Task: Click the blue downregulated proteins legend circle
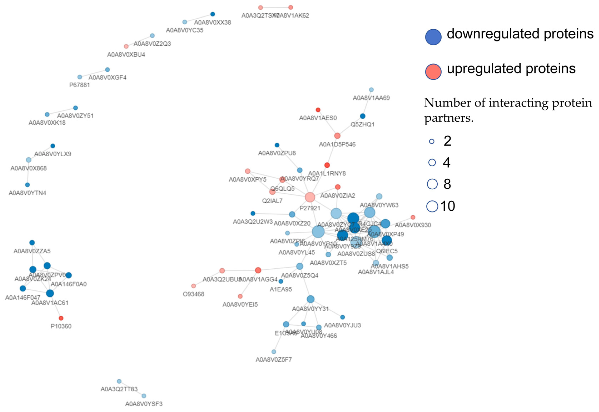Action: [433, 37]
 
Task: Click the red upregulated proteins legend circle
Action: [433, 72]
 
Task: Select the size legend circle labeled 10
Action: [432, 206]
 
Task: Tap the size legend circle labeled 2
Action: [432, 141]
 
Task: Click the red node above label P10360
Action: [61, 318]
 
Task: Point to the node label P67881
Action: [80, 85]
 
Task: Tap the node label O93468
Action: [194, 294]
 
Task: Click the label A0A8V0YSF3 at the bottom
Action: [144, 404]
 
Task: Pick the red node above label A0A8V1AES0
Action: [318, 110]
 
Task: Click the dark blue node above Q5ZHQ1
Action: [362, 116]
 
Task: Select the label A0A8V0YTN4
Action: [27, 193]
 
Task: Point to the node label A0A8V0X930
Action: [413, 225]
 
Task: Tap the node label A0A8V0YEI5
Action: [240, 305]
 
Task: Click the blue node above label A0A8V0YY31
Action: [310, 299]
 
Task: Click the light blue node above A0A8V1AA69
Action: [371, 90]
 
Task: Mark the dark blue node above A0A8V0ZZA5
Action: [32, 243]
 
